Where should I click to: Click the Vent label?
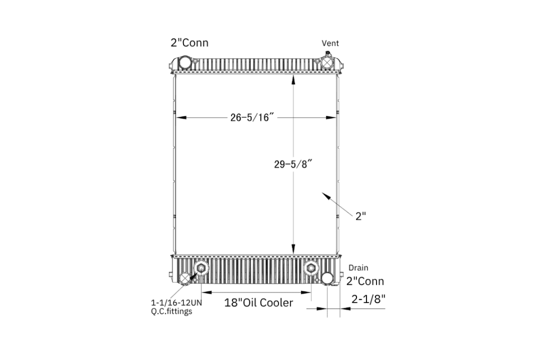330,43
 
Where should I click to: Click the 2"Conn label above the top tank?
189,43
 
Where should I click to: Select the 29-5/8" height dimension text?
293,164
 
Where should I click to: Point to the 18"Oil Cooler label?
258,303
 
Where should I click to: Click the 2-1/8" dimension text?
368,299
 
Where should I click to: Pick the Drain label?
358,267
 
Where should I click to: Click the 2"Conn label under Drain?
365,281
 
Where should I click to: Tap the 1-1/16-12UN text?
176,303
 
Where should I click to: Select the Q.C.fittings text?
171,312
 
